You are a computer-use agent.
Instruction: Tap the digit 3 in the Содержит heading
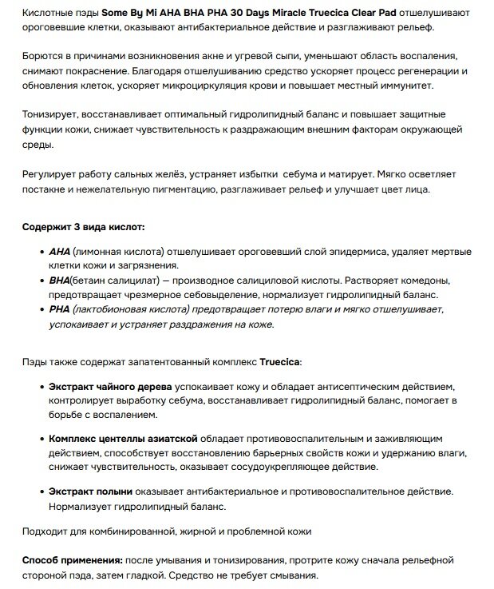point(76,228)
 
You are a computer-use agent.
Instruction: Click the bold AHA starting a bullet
point(59,251)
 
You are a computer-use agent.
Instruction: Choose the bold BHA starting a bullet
point(59,281)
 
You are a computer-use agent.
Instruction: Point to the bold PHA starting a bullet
point(59,309)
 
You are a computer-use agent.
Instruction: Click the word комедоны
point(425,281)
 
